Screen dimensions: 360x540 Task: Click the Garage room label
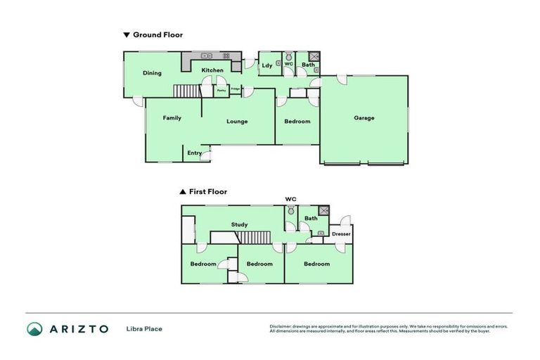[364, 118]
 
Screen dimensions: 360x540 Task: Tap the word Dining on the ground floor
[152, 73]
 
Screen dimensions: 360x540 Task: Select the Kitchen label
[212, 70]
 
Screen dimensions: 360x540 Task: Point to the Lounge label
[237, 122]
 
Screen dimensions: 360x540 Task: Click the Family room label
[172, 118]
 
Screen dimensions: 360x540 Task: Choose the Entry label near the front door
[194, 153]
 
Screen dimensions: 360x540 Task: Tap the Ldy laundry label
[267, 66]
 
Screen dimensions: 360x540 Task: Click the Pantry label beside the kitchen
[221, 90]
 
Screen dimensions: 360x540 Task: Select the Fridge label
[235, 89]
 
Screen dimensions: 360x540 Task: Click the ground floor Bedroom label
[297, 122]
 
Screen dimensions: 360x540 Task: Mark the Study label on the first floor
[240, 225]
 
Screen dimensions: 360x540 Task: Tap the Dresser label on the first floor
[341, 233]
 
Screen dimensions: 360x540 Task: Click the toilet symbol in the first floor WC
[290, 210]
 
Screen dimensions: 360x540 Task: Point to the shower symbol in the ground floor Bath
[314, 57]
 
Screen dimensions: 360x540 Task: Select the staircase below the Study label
[252, 238]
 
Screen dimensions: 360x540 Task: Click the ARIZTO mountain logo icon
[34, 328]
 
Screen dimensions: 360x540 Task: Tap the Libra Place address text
[144, 328]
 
